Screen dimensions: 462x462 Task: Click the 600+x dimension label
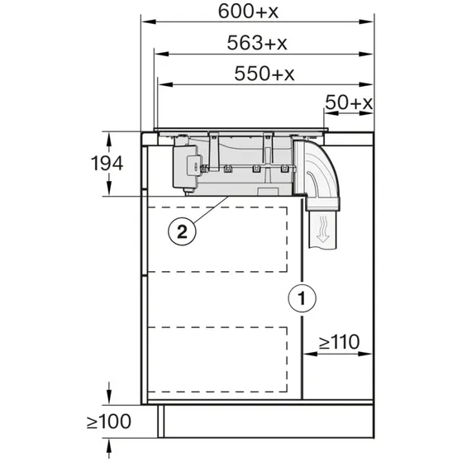click(248, 12)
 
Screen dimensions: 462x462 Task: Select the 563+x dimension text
click(257, 43)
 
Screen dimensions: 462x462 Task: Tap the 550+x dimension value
click(264, 74)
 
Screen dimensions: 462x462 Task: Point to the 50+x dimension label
click(349, 102)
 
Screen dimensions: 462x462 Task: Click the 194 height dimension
click(107, 164)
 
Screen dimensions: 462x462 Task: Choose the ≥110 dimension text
click(339, 342)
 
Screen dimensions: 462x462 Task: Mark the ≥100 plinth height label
click(109, 422)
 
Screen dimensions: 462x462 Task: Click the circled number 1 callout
click(302, 298)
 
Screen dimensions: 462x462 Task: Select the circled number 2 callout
click(182, 231)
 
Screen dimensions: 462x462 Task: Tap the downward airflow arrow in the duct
click(323, 230)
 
